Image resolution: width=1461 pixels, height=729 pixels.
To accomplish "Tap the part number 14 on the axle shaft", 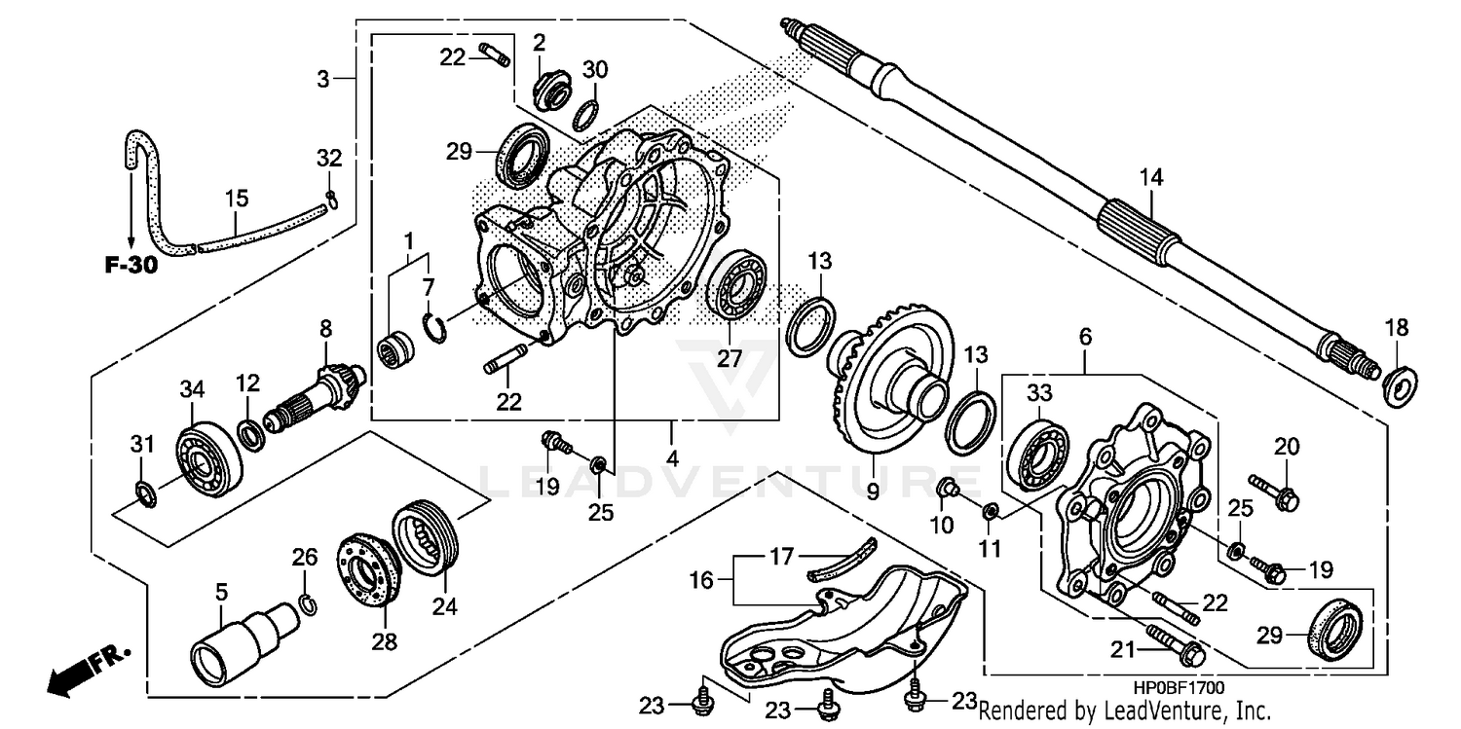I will [1152, 177].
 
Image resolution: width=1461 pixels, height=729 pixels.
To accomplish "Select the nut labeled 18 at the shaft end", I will [1401, 385].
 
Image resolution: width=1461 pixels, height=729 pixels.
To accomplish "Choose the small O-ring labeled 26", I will [306, 603].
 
